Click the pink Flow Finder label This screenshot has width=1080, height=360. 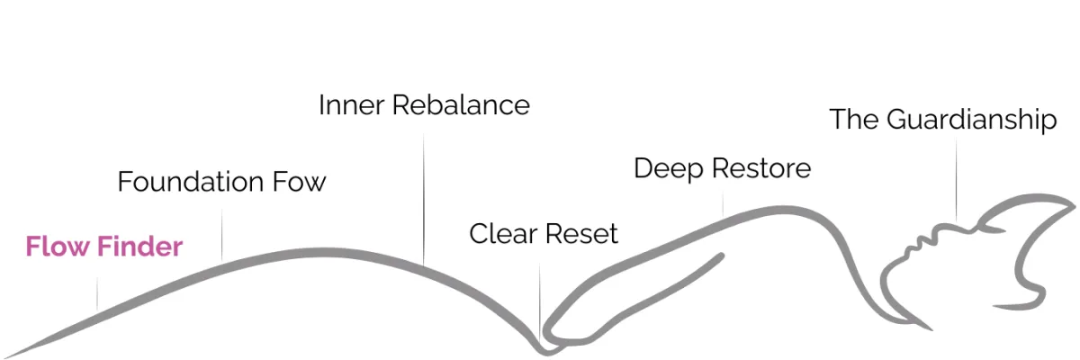(x=104, y=247)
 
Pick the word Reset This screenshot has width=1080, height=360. (x=581, y=235)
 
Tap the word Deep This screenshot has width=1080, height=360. (x=666, y=168)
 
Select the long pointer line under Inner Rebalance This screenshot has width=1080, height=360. (x=424, y=198)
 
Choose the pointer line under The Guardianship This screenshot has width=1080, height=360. (x=957, y=180)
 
